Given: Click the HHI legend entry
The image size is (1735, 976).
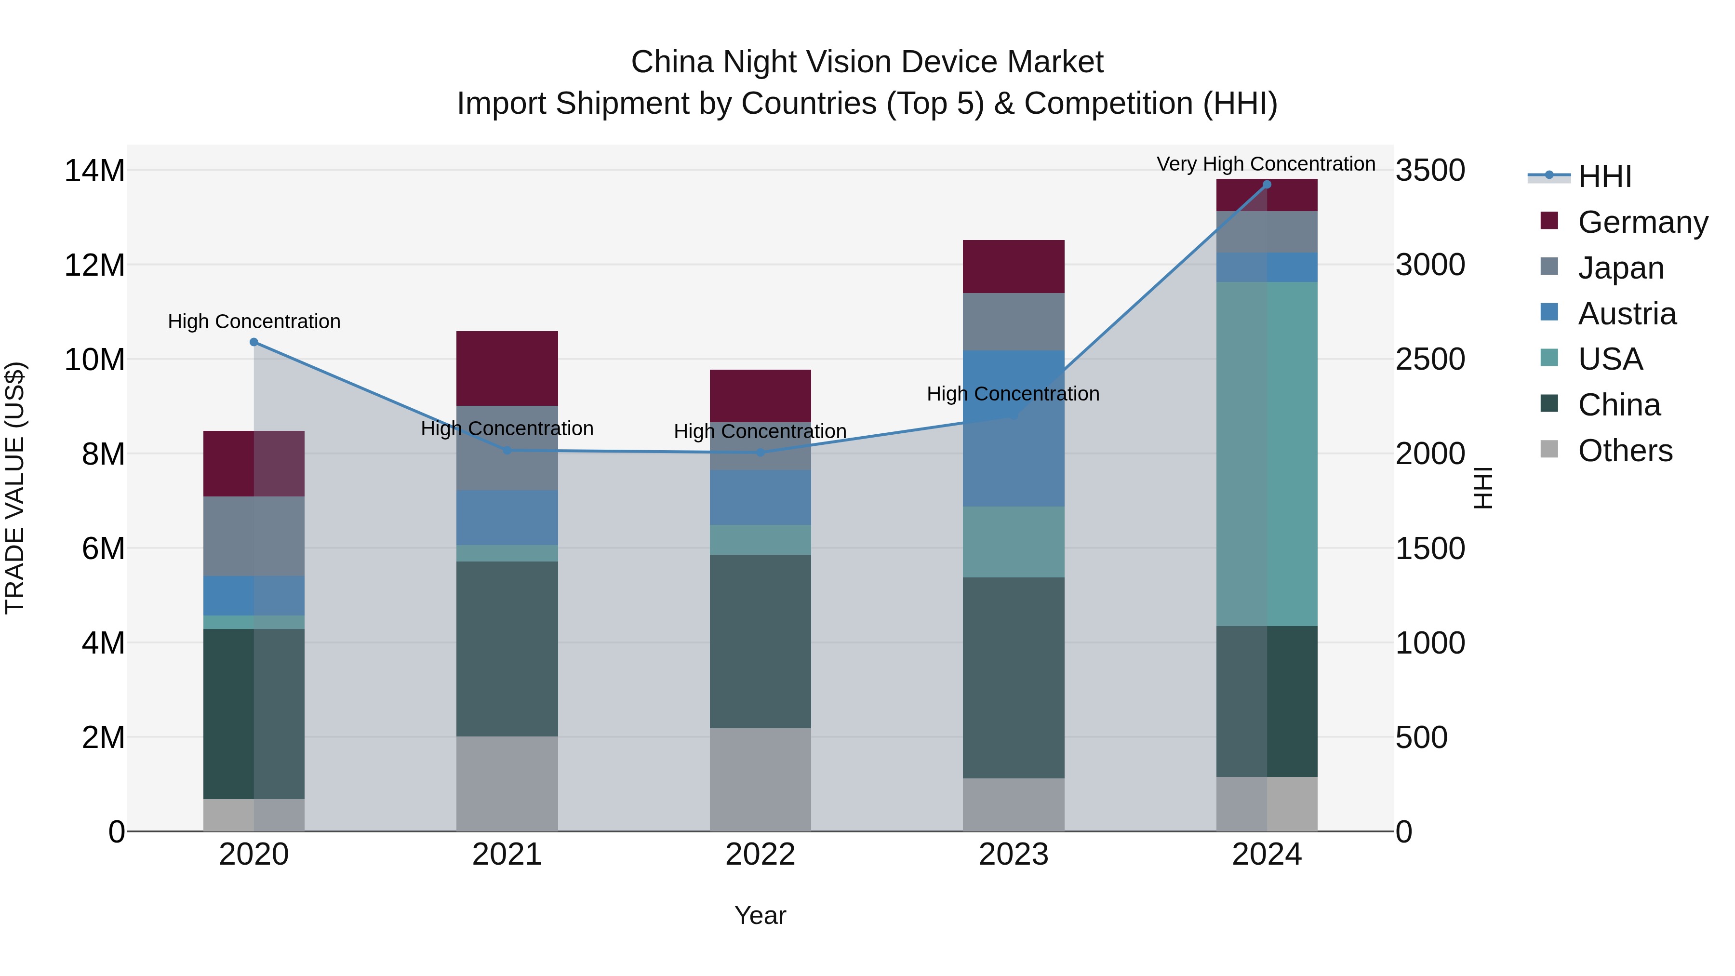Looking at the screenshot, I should [x=1603, y=176].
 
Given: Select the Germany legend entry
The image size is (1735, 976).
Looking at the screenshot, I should [x=1642, y=222].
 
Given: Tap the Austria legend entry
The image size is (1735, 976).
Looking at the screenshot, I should [x=1627, y=314].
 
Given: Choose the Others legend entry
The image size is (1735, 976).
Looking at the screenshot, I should [x=1625, y=451].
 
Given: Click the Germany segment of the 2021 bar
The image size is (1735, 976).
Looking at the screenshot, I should [x=507, y=368].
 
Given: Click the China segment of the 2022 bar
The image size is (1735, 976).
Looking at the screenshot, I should [x=761, y=641].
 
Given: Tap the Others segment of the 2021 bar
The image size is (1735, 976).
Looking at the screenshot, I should [x=507, y=783].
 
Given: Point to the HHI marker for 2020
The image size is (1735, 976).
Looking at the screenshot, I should [x=254, y=342].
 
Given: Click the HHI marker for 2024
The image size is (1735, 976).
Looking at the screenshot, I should [x=1266, y=185].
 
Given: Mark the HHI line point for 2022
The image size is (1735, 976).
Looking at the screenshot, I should [x=761, y=453].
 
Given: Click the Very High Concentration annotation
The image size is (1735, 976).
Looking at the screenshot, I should [x=1266, y=164].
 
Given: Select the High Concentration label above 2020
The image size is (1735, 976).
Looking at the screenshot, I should [x=254, y=321].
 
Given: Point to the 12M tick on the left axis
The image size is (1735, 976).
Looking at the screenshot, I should [x=94, y=265].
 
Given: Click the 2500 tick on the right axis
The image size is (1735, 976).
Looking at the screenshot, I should [x=1429, y=359].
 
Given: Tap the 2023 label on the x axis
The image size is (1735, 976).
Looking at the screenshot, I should [x=1013, y=855].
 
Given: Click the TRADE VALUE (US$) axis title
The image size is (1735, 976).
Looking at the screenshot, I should [x=15, y=488].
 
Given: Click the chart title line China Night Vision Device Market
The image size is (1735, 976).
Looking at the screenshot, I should [x=867, y=62].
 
